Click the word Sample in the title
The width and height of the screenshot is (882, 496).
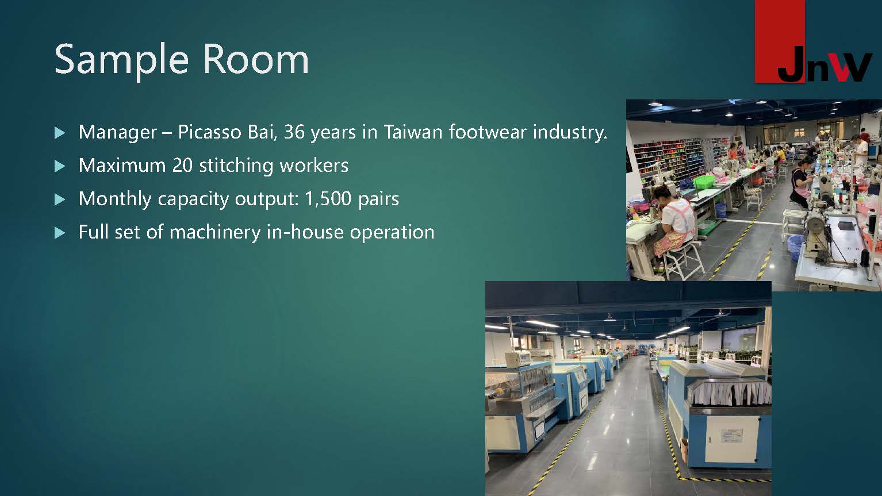(121, 60)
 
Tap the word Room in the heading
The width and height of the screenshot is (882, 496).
(255, 59)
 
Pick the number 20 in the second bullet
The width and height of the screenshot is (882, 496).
(182, 165)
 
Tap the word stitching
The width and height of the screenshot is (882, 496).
(236, 166)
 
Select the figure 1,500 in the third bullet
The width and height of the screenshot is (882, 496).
(328, 199)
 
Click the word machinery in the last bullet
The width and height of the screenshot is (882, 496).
(215, 232)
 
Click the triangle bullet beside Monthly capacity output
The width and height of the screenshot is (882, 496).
(59, 199)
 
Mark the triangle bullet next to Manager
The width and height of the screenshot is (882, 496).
(59, 133)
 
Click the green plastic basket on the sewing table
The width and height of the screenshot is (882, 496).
(703, 182)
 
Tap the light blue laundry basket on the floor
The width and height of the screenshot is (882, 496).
(795, 245)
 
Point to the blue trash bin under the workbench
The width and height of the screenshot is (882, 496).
(720, 210)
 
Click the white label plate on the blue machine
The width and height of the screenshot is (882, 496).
(731, 436)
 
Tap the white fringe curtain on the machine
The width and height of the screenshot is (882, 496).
(730, 394)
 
